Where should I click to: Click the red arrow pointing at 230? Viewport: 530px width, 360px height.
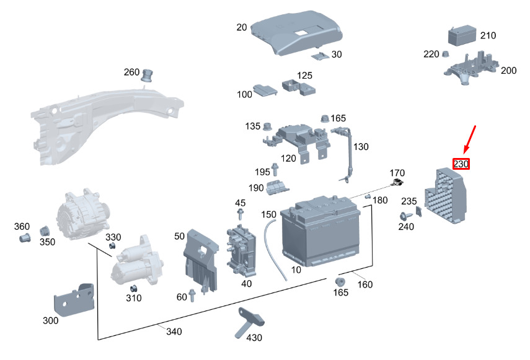tap(470, 139)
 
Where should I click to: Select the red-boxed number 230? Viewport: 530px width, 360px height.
tap(461, 164)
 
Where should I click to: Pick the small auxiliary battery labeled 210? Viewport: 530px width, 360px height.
tap(462, 35)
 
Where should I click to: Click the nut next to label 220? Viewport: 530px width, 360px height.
tap(446, 54)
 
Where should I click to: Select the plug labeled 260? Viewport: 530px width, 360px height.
tap(146, 76)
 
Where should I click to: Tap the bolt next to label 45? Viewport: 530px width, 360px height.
tap(241, 214)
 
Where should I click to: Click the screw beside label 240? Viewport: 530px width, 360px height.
tap(405, 216)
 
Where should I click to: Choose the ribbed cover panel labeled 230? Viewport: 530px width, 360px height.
tap(446, 196)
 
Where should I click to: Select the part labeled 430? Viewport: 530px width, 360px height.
tap(249, 322)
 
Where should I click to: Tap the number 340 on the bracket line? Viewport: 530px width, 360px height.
tap(174, 331)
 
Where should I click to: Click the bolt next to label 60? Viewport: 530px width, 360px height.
tap(192, 296)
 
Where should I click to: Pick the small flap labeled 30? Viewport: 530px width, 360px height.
tap(320, 56)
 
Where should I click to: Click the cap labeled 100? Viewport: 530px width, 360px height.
tap(265, 90)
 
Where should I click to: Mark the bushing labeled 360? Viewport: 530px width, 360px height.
tap(25, 237)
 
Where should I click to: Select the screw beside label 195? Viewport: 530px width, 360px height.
tap(275, 169)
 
